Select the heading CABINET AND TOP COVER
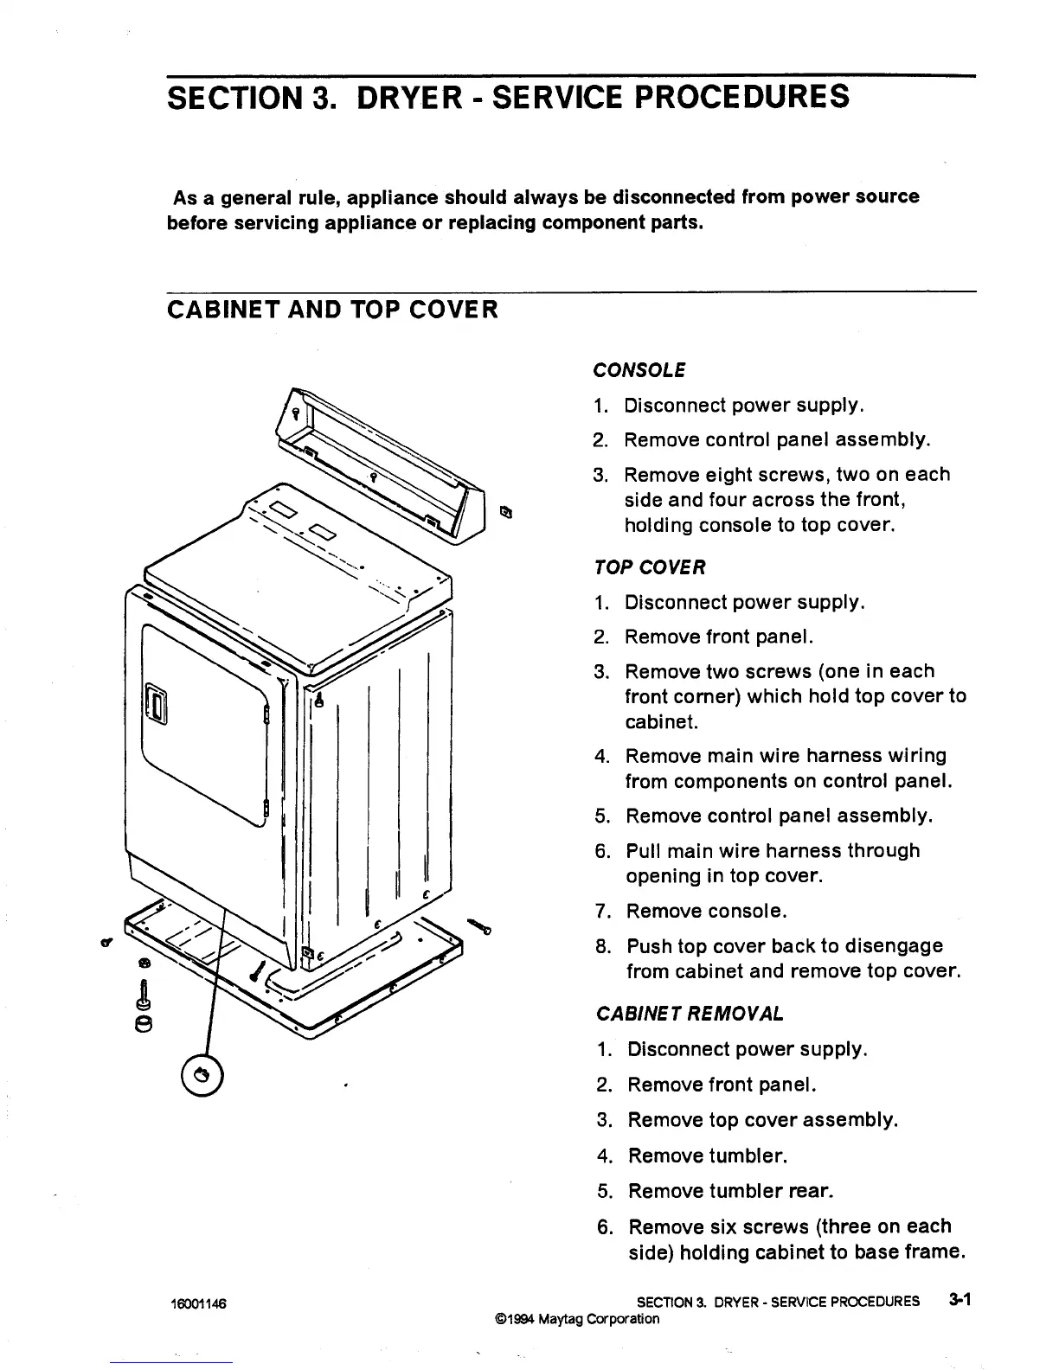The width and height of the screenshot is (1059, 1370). [332, 309]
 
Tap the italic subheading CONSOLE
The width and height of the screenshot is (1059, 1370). [639, 370]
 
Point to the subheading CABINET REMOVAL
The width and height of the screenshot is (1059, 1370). [690, 1013]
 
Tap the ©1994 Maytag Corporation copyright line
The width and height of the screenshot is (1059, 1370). [576, 1319]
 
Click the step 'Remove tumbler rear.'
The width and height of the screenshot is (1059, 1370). [731, 1191]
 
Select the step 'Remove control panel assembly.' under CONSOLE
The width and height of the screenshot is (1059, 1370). [777, 440]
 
